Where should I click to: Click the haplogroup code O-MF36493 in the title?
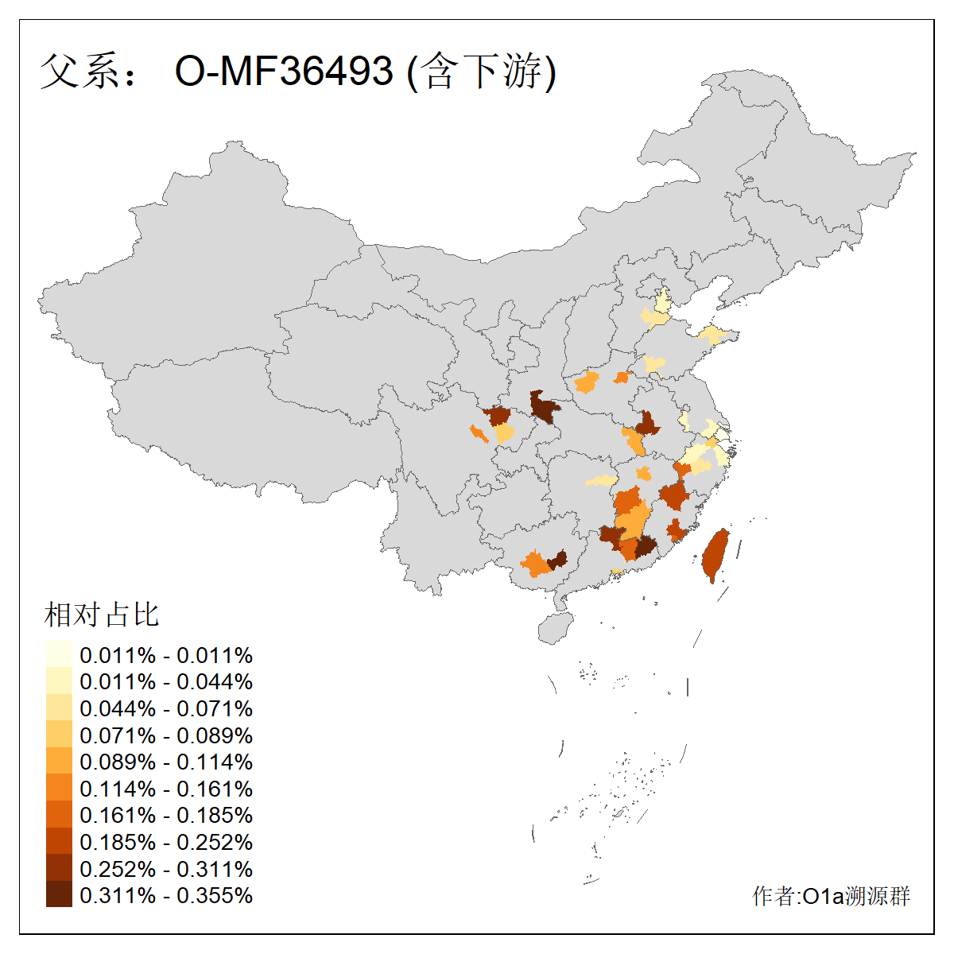point(284,71)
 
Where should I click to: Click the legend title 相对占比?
point(102,615)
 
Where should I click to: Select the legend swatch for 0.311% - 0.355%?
point(59,895)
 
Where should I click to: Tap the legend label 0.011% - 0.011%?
point(166,655)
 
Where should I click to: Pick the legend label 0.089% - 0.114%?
point(166,762)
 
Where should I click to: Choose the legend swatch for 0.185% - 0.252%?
point(59,842)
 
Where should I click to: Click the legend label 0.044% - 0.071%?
point(166,708)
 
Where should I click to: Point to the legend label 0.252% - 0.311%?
point(166,869)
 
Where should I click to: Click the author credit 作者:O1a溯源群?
point(831,896)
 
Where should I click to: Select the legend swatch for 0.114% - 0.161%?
point(59,789)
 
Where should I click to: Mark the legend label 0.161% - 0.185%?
point(166,815)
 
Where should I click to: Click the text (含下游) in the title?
point(481,71)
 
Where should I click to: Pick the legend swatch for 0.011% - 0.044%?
point(59,681)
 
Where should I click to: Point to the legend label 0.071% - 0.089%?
point(166,735)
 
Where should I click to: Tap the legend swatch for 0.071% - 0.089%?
point(59,735)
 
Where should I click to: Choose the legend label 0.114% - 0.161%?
point(166,789)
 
